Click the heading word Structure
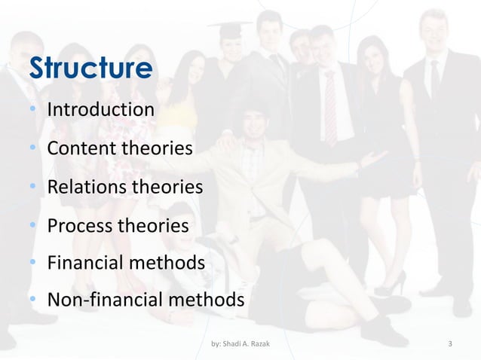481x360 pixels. point(90,69)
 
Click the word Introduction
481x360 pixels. point(101,110)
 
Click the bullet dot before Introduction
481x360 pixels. point(33,111)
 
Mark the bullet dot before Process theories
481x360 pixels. point(33,225)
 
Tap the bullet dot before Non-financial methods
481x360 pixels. point(33,301)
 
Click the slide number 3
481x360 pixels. point(450,345)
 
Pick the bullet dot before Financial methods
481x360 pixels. point(33,264)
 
